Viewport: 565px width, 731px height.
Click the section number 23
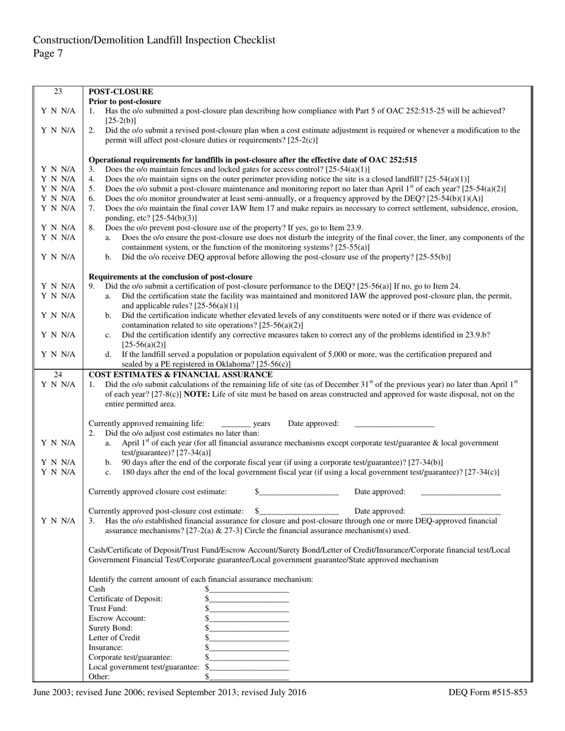58,92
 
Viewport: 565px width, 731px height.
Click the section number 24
58,374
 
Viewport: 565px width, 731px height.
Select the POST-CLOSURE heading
121,92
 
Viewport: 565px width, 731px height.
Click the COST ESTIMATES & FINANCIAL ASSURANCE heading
180,374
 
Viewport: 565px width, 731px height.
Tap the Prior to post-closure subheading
125,101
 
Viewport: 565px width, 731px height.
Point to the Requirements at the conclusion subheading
171,276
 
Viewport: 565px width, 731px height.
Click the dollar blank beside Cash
249,589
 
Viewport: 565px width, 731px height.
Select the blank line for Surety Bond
249,628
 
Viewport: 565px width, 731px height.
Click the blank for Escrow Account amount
249,618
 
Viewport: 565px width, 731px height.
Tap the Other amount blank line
249,676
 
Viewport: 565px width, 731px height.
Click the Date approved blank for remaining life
394,424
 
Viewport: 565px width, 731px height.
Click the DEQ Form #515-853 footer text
488,692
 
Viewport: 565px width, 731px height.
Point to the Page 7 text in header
48,53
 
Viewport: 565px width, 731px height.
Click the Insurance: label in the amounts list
106,647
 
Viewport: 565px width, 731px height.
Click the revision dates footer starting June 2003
170,692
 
